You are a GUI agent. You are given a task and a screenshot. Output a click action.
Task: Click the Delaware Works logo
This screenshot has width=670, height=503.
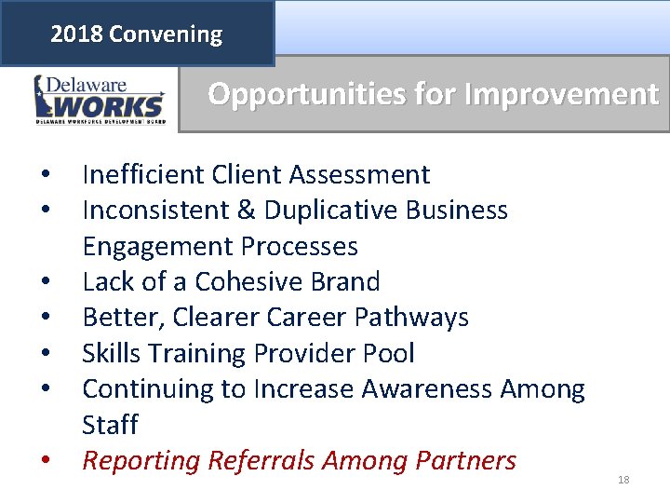pos(100,99)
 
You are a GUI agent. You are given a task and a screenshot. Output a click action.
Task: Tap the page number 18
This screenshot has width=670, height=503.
pos(623,480)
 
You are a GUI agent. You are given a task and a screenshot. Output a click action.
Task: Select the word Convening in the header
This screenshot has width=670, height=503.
pos(166,35)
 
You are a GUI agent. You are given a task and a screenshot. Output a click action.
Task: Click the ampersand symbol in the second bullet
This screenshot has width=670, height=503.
pos(247,211)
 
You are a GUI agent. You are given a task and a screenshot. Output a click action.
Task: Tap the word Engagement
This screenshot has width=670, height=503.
pos(158,247)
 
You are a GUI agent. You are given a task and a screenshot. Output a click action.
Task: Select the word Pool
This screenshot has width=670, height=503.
pos(389,354)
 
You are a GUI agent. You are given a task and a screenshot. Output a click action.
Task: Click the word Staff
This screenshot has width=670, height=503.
pos(110,425)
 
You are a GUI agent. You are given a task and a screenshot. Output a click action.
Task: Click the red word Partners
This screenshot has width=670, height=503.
pos(462,461)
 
